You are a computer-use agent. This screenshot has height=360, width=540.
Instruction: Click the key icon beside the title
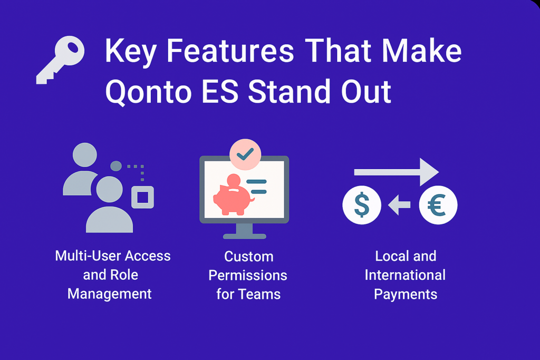click(60, 59)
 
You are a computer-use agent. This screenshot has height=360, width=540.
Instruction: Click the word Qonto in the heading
click(148, 92)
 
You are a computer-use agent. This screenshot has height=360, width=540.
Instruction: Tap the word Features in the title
click(230, 51)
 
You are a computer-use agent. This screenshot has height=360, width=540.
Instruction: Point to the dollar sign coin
click(362, 205)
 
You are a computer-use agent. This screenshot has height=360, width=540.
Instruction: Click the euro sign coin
click(438, 205)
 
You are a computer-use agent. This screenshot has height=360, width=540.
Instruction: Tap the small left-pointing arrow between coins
click(399, 205)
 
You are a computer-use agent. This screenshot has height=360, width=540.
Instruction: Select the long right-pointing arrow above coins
click(397, 172)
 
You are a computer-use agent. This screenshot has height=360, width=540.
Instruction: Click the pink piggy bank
click(233, 196)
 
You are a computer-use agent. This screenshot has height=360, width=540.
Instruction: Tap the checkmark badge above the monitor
click(245, 154)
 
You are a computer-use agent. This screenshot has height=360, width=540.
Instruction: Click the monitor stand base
click(245, 236)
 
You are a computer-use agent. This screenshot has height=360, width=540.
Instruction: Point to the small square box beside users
click(142, 197)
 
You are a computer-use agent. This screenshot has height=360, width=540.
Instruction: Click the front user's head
click(110, 189)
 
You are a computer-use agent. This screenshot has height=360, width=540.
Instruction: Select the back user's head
click(85, 155)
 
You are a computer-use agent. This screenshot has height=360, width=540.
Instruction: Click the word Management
click(110, 294)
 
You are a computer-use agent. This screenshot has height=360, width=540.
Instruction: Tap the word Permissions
click(248, 275)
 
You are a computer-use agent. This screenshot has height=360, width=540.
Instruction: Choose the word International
click(405, 275)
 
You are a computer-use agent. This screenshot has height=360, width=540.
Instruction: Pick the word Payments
click(406, 295)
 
